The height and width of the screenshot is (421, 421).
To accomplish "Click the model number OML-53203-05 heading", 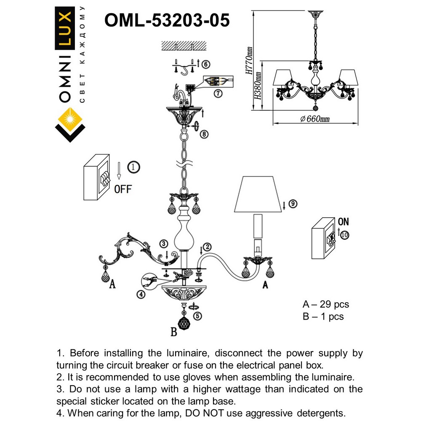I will pos(167,20).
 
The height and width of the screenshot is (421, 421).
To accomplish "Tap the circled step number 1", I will pos(133,167).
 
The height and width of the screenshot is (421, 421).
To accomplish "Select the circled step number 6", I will pos(205,64).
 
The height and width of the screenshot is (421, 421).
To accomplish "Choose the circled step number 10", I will pos(345,235).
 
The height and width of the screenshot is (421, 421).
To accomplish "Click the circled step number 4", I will pos(142,295).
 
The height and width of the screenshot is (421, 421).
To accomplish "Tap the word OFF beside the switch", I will pos(123,189).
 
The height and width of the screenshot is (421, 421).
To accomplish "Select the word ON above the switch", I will pos(343,222).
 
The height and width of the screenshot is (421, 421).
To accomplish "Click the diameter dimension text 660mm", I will pos(315,119).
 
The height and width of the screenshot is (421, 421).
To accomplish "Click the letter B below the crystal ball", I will pos(173,333).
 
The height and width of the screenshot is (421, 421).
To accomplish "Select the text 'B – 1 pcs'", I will pos(323,316).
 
